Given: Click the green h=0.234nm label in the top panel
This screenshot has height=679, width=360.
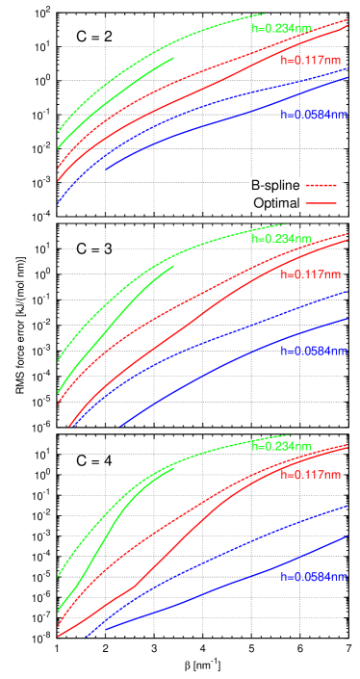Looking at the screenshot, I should tap(281, 29).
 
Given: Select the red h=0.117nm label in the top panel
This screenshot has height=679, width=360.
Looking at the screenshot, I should tap(310, 60).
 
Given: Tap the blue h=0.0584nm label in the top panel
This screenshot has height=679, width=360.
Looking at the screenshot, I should tap(313, 115).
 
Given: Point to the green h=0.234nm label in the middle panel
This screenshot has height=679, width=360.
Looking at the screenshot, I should tap(281, 239).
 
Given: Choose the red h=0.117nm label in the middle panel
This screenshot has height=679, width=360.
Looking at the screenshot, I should tap(310, 274).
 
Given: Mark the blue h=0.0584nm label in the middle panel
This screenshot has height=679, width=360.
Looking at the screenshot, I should tap(313, 352).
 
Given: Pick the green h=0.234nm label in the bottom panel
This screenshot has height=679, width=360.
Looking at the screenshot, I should tap(281, 446).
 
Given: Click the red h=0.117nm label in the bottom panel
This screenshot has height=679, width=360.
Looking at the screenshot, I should tap(310, 475).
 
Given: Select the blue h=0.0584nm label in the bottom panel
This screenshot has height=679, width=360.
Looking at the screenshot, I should tap(313, 577).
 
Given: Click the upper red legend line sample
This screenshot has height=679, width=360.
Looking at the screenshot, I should tap(321, 185).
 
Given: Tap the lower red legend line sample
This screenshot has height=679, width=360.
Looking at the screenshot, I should tap(321, 203).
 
